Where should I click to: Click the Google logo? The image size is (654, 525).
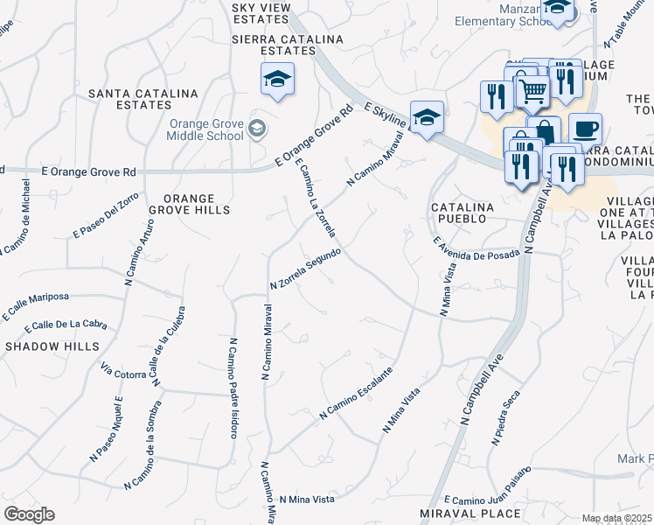[x=29, y=514]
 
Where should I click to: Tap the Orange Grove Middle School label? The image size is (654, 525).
[x=206, y=129]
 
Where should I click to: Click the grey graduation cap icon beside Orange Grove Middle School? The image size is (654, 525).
[x=256, y=130]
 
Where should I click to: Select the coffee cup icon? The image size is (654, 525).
[x=585, y=129]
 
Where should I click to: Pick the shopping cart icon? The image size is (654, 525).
[x=532, y=89]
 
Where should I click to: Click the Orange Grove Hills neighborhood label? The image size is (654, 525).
[x=189, y=204]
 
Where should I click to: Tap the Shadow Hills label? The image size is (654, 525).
[x=52, y=346]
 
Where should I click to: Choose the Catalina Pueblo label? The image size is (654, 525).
[x=463, y=213]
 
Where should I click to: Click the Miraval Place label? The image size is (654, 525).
[x=470, y=514]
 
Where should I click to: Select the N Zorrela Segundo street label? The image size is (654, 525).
[x=304, y=269]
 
